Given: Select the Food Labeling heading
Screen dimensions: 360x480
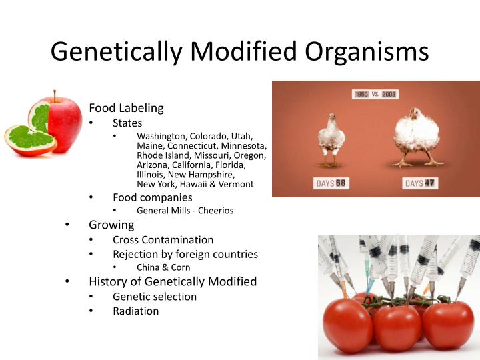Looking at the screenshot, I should point(126,108).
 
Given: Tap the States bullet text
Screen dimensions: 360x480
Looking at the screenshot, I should point(127,123).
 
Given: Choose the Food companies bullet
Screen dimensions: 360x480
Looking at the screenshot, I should point(152,197).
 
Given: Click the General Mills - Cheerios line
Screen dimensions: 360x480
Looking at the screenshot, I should point(185,211).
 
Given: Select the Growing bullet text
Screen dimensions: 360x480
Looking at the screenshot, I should point(111,225).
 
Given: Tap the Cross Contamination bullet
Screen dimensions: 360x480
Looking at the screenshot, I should point(163,239).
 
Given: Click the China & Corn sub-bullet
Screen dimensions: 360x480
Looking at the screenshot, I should point(163,267).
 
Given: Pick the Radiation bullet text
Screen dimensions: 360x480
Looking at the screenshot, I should point(135,311).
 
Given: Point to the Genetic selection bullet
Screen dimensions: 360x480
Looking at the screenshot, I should point(155,296).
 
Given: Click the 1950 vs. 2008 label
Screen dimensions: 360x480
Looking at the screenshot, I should point(375,94).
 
